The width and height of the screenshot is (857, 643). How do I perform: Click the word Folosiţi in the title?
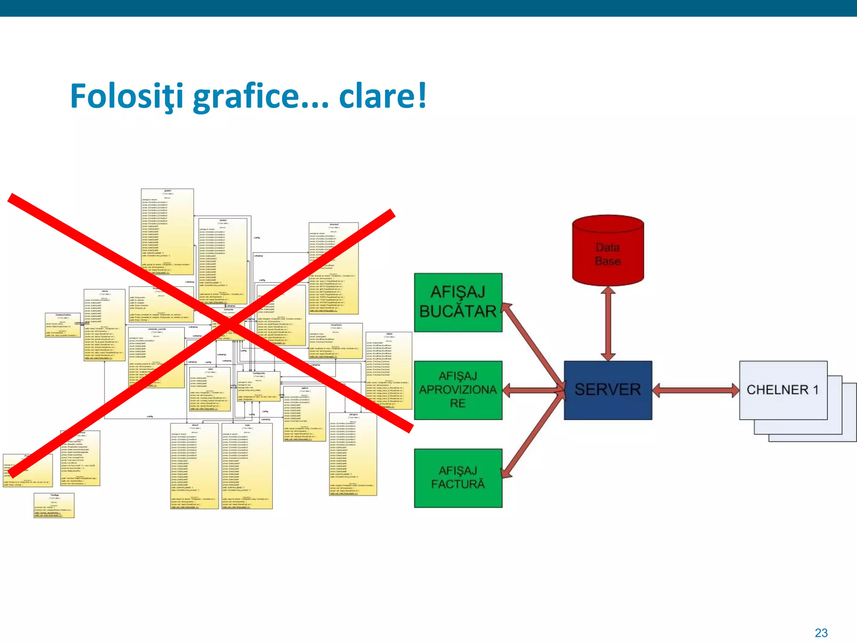point(126,96)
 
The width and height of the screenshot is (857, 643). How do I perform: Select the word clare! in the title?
point(382,96)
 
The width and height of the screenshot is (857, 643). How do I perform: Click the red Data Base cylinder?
point(608,251)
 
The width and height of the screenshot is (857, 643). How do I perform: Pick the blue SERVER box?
point(608,390)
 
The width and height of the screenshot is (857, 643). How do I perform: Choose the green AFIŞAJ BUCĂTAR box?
point(458,302)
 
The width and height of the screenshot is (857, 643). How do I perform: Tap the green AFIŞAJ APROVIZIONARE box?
point(458,390)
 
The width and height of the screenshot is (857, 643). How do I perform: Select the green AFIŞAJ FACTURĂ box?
point(458,478)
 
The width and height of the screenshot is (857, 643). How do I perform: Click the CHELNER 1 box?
point(783,390)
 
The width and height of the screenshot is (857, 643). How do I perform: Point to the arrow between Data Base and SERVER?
point(608,323)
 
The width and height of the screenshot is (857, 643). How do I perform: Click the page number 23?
point(821,633)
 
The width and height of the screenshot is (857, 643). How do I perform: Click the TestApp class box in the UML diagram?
point(54,505)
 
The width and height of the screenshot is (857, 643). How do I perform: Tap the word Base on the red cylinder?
point(608,261)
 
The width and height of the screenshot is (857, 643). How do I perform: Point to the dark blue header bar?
point(428,8)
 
